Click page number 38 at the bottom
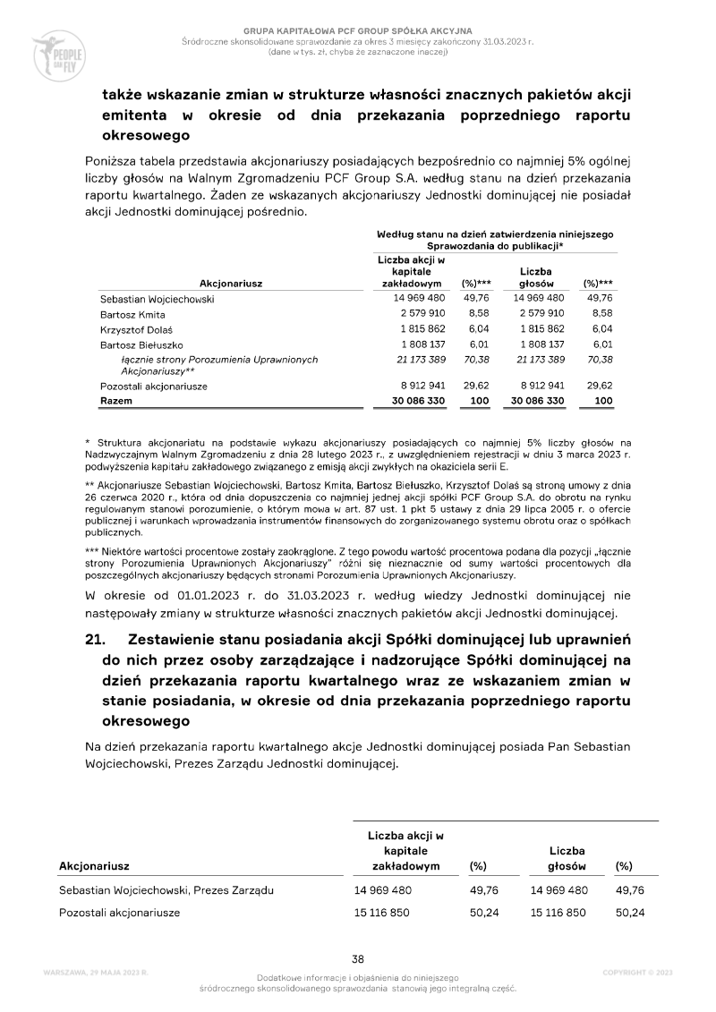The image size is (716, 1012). coord(357,958)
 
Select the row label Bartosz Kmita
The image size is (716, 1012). coord(132,315)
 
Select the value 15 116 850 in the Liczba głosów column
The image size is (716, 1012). coord(559,913)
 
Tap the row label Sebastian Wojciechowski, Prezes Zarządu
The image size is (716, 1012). coord(166,890)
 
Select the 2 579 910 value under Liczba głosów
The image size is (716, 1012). coord(538,314)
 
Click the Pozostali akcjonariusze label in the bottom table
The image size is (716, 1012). coord(120,913)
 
